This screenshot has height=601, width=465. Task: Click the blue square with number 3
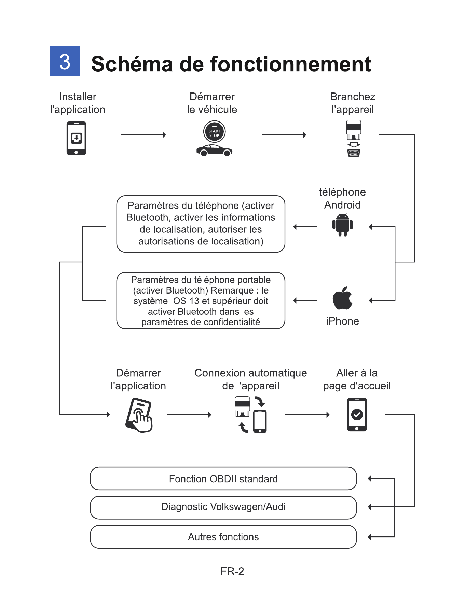[x=65, y=61]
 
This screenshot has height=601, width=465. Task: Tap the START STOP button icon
[x=214, y=132]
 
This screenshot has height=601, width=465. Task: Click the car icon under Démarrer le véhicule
[x=214, y=150]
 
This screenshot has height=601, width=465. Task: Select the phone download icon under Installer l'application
[x=76, y=138]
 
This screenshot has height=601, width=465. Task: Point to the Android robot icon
[x=342, y=225]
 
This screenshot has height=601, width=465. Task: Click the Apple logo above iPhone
[x=342, y=298]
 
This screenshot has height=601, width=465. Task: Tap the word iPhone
[x=342, y=321]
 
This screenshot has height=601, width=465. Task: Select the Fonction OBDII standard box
[x=223, y=478]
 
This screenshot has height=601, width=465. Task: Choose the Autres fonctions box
[x=223, y=537]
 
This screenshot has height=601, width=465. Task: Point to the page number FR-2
[x=232, y=571]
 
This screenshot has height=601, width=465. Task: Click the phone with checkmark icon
[x=357, y=415]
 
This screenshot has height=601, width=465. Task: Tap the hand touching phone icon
[x=139, y=415]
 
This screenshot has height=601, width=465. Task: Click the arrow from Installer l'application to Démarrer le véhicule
[x=143, y=135]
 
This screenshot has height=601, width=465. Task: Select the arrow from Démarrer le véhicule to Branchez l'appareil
[x=284, y=135]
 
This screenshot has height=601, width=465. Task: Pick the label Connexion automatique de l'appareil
[x=251, y=379]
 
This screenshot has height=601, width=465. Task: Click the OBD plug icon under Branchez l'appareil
[x=354, y=138]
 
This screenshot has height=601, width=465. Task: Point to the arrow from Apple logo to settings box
[x=305, y=301]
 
